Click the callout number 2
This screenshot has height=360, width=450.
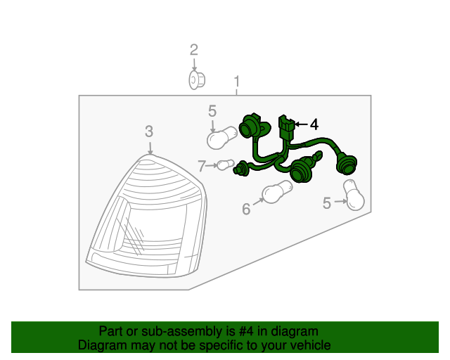(x=194, y=50)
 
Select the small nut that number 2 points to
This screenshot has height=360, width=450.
(x=197, y=80)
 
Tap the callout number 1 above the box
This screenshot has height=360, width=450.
(x=237, y=82)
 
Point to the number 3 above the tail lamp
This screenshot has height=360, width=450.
(x=149, y=131)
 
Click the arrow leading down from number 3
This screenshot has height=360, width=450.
(x=150, y=147)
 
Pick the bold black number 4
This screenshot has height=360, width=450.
(x=314, y=124)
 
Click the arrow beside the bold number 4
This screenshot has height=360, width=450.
(x=301, y=124)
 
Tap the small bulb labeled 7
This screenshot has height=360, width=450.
(x=226, y=165)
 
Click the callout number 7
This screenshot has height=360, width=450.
(x=202, y=166)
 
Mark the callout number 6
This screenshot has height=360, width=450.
(x=246, y=209)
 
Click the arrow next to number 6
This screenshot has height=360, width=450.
(x=258, y=201)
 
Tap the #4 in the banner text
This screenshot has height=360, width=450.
(x=246, y=331)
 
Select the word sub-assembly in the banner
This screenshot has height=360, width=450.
(x=181, y=332)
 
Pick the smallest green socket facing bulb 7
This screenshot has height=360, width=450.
(x=241, y=169)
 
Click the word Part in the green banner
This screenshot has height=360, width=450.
(x=110, y=331)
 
